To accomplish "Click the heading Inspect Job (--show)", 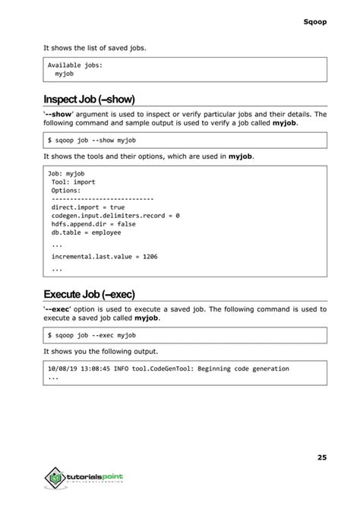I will click(89, 99).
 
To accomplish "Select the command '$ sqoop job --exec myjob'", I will click(91, 335).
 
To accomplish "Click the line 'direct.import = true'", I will click(87, 207).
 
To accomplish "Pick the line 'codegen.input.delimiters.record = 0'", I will click(115, 216).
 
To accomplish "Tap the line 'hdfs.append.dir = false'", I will click(93, 225).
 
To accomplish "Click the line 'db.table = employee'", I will click(87, 234).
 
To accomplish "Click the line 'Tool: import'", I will click(74, 183).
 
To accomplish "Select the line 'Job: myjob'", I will click(67, 174).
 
